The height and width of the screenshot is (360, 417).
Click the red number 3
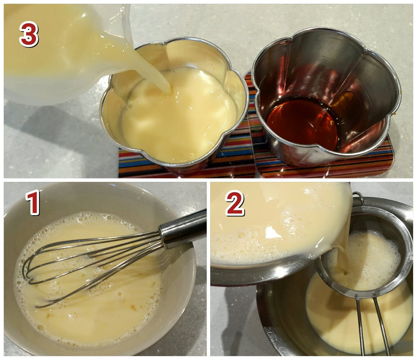tap(29, 34)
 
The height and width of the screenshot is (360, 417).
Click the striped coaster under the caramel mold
tap(325, 168)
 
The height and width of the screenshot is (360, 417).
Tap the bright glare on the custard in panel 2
tap(272, 232)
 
